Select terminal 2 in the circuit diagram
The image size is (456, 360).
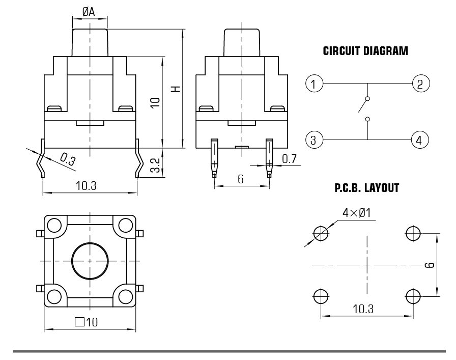[420, 83]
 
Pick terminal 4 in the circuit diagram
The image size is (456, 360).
[420, 139]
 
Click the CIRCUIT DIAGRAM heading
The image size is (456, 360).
[365, 51]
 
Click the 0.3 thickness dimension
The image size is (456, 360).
[66, 159]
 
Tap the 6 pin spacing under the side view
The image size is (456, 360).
[241, 179]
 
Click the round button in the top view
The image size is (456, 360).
[90, 261]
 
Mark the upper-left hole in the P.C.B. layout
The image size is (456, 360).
[321, 233]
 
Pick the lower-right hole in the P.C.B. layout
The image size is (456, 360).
[413, 295]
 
